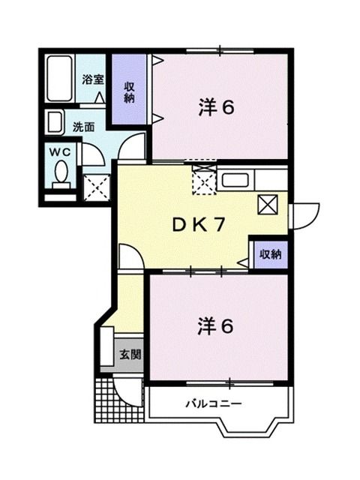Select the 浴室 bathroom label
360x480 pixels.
pyautogui.click(x=92, y=78)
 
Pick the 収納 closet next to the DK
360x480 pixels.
pyautogui.click(x=270, y=253)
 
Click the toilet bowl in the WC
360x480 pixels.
pyautogui.click(x=62, y=174)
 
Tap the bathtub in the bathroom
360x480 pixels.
pyautogui.click(x=58, y=79)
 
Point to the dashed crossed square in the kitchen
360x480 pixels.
pyautogui.click(x=203, y=181)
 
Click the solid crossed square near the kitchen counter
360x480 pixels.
pyautogui.click(x=268, y=204)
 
